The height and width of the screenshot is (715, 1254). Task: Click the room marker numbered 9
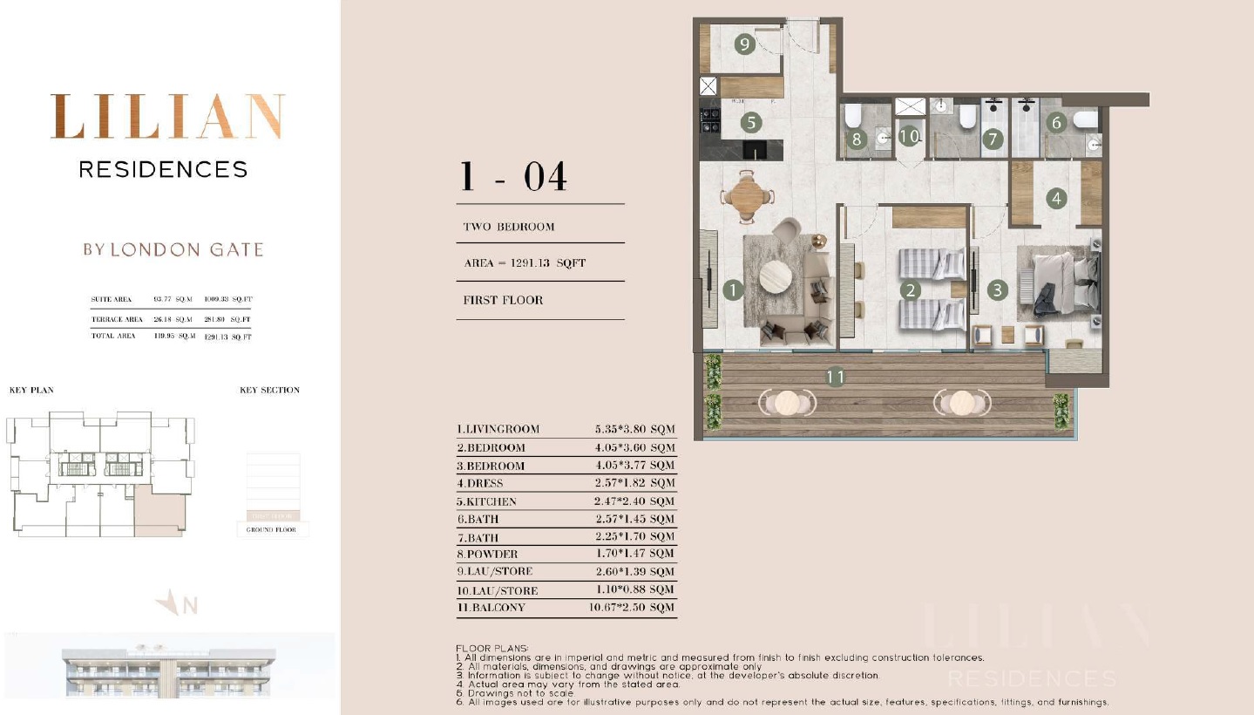[743, 44]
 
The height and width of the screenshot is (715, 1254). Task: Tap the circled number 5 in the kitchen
[751, 123]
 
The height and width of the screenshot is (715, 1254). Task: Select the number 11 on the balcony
[835, 378]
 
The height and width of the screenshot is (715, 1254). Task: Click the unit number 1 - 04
[514, 177]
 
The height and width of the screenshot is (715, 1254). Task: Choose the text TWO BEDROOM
[509, 227]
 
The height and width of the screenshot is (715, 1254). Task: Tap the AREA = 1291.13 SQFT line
[525, 262]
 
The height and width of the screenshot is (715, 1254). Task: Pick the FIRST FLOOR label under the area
[503, 300]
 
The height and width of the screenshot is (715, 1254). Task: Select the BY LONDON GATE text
[173, 249]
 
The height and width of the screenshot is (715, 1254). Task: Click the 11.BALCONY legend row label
[491, 608]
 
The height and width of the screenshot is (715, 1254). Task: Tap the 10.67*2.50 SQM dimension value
[632, 608]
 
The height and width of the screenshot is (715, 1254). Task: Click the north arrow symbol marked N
[177, 603]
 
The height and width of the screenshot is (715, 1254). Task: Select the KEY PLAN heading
[31, 390]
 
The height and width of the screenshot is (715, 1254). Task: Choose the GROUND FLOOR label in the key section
[271, 529]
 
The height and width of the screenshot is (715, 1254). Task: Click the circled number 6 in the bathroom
[1056, 123]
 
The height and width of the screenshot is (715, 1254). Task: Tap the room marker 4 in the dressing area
[1057, 199]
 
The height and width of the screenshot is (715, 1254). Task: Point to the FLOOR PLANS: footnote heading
[491, 649]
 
